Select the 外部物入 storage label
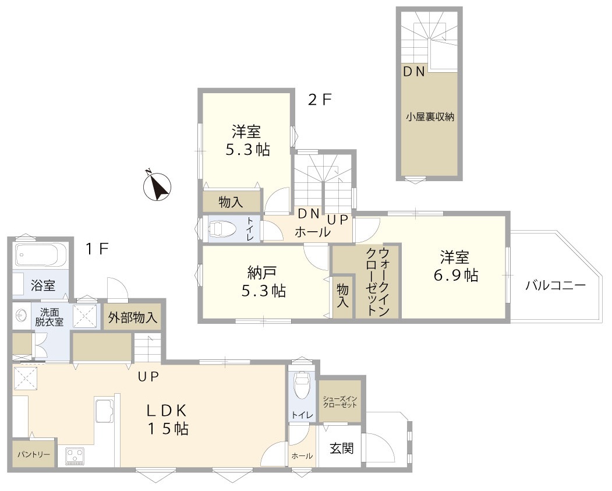tap(133, 318)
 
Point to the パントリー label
tap(33, 454)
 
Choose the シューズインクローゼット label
tap(340, 401)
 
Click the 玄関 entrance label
tap(341, 448)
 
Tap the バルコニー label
tap(554, 285)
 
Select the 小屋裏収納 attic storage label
tap(430, 116)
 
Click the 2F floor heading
tap(319, 100)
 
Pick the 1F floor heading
tap(97, 249)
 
